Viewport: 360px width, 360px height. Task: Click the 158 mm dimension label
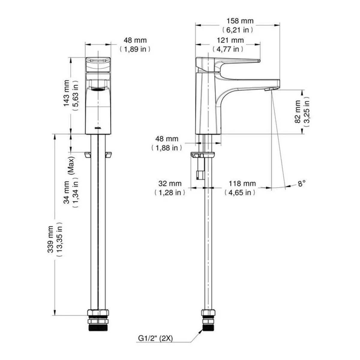pos(240,21)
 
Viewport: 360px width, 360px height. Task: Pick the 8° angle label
pos(301,183)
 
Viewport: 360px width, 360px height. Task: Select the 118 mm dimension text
pos(242,183)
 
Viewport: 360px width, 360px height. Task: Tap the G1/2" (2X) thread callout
pos(155,338)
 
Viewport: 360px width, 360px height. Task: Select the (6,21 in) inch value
pos(238,30)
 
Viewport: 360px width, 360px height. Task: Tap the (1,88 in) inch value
pos(167,148)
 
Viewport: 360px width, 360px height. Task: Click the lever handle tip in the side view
pos(259,61)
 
